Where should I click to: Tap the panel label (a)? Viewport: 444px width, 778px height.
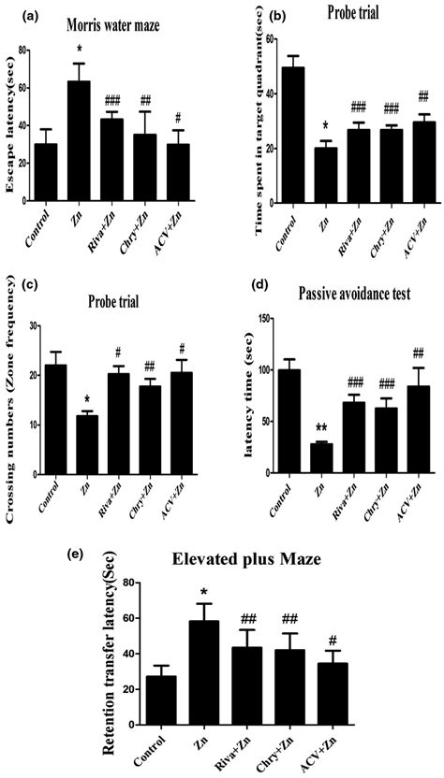[x=16, y=10]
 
